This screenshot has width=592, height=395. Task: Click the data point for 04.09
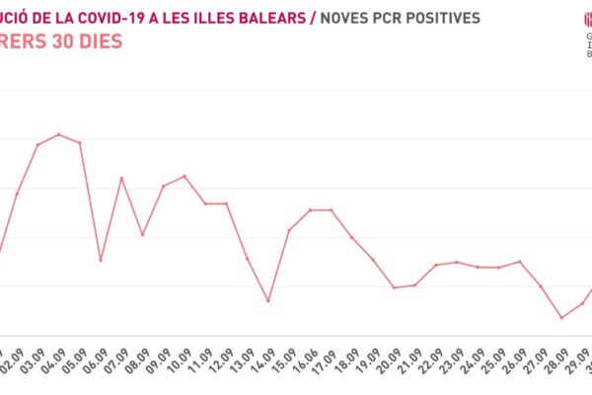(59, 134)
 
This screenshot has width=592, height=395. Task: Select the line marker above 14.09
(268, 300)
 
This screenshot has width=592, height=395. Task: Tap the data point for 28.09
(561, 318)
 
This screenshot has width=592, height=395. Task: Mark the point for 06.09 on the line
(101, 260)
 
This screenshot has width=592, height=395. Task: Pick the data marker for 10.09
(185, 176)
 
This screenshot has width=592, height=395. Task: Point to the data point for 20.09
(394, 287)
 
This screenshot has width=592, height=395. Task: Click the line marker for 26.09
(519, 262)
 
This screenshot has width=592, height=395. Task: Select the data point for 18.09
(352, 237)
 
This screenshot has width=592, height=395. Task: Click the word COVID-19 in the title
(109, 18)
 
